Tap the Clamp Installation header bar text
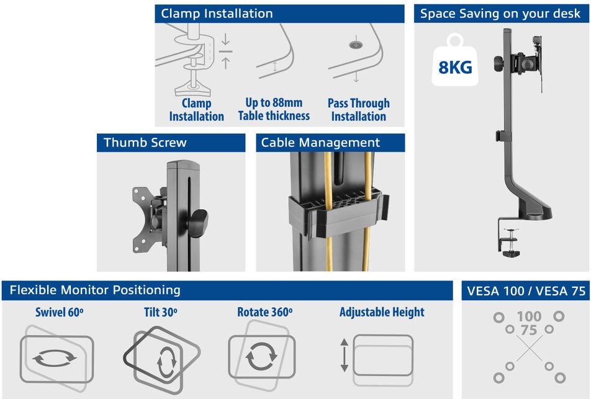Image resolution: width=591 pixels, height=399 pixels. click(217, 14)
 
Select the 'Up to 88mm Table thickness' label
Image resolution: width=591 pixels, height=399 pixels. click(274, 109)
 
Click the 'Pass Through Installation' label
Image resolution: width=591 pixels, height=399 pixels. click(358, 110)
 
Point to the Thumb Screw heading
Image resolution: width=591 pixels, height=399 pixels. click(145, 143)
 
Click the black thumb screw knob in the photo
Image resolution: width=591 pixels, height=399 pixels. click(197, 223)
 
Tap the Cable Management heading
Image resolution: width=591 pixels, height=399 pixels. click(320, 143)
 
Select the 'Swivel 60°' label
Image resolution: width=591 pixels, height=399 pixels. click(59, 312)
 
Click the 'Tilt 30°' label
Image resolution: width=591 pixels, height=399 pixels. click(161, 312)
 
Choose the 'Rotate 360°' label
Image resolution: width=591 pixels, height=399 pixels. click(264, 312)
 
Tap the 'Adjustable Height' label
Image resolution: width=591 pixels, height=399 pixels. click(382, 312)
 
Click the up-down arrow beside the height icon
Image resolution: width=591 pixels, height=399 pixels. click(344, 356)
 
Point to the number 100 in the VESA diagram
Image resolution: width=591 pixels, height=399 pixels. click(529, 316)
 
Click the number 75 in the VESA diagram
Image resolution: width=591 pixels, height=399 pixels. click(529, 330)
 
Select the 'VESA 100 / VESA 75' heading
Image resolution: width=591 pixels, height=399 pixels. click(526, 291)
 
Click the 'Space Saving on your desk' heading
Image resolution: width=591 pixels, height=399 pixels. click(500, 14)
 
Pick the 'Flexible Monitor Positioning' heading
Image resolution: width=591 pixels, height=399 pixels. click(95, 290)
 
